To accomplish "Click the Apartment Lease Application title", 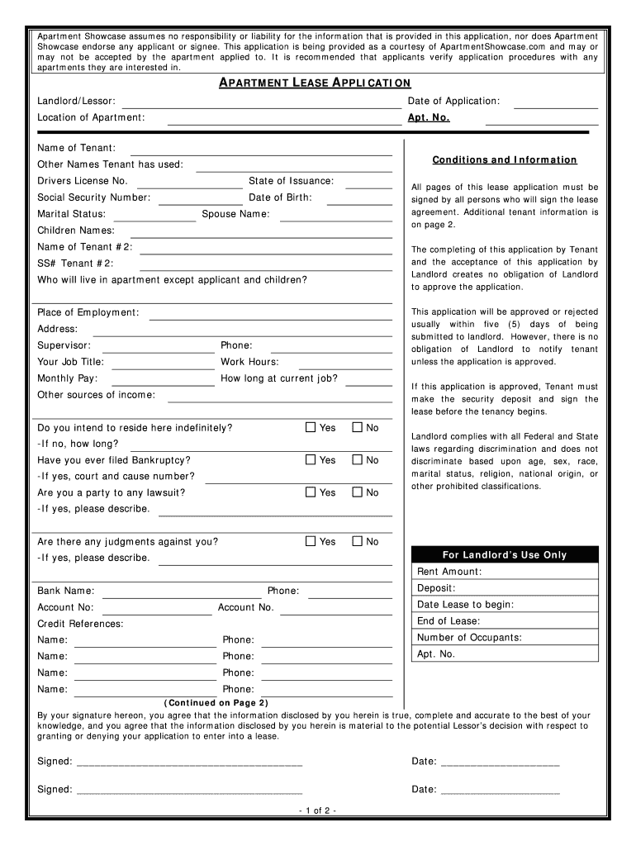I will point(314,83).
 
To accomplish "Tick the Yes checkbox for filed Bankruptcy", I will point(311,460).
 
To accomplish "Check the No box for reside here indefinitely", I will point(358,428).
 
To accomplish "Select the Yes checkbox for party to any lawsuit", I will point(311,492).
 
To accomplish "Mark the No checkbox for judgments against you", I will point(358,542).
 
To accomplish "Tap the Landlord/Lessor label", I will point(76,101).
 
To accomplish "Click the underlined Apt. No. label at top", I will point(429,118).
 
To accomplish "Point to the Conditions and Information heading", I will point(505,160).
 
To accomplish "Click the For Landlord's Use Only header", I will point(504,555).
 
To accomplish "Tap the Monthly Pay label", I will point(67,378).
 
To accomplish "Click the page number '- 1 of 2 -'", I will point(317,810).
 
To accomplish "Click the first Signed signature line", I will point(189,765).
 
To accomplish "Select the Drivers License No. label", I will point(83,181).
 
